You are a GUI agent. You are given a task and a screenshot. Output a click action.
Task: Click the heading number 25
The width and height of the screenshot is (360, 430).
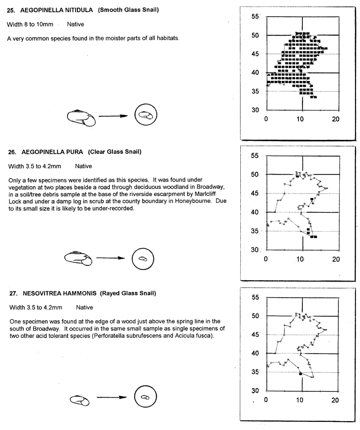(11, 10)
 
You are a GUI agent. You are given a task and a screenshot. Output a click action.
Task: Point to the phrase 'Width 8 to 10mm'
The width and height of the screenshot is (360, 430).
(27, 24)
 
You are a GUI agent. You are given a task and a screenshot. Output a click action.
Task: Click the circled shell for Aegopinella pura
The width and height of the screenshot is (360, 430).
(143, 259)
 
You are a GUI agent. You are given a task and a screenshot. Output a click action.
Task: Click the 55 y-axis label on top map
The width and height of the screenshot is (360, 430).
(256, 17)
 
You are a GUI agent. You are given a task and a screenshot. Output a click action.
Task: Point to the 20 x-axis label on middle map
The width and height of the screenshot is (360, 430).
(335, 260)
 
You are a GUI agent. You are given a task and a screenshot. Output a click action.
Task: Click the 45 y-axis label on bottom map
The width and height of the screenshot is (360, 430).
(256, 335)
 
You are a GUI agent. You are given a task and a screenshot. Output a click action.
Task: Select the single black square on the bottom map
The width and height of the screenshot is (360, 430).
(301, 373)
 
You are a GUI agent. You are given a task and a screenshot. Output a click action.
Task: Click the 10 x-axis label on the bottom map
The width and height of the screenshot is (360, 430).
(300, 400)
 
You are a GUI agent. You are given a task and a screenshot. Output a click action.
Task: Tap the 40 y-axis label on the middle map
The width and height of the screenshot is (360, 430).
(256, 212)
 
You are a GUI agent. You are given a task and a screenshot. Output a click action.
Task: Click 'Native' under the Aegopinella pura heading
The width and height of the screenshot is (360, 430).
(83, 166)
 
